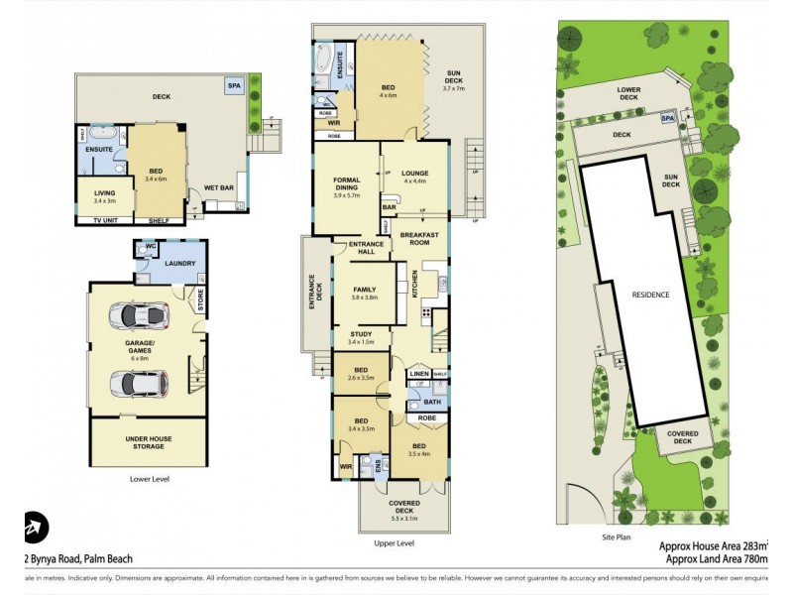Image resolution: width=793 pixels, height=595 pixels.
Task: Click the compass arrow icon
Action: (35, 527)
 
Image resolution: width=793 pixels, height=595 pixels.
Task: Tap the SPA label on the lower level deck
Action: (234, 87)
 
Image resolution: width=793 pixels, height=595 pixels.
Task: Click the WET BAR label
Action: (219, 186)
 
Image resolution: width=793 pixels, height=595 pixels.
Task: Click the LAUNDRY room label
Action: (180, 263)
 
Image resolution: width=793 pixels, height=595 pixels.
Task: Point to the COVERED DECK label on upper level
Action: (403, 507)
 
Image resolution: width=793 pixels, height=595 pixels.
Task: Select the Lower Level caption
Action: (150, 479)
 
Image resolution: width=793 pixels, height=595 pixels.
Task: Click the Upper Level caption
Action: (395, 543)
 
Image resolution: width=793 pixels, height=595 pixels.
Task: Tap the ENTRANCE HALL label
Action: (353, 249)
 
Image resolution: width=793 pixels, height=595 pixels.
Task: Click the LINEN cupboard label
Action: (418, 374)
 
